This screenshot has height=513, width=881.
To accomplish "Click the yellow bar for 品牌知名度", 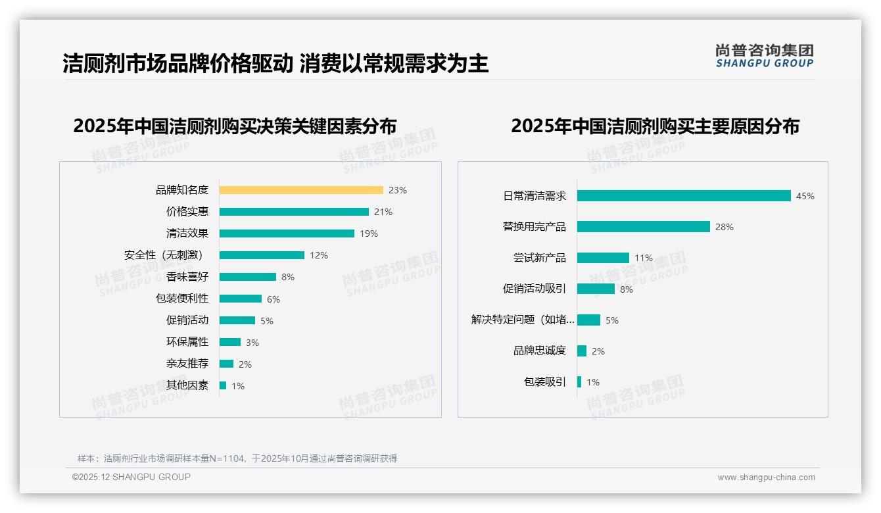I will (300, 190).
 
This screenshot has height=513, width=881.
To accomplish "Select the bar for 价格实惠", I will (294, 212).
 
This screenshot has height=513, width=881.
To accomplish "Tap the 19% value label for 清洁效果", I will (368, 233).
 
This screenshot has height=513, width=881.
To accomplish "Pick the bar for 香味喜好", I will (247, 277).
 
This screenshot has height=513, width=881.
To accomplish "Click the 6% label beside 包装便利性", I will (273, 299).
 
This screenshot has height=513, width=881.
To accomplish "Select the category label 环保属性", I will (187, 342).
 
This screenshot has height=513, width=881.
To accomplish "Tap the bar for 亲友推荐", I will (226, 364).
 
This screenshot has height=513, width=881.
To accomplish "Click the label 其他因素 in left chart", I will (187, 385).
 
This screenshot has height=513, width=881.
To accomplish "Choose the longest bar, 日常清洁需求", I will (684, 196).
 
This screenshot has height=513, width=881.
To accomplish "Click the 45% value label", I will (805, 196).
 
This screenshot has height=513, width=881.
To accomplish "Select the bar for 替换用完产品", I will (643, 227).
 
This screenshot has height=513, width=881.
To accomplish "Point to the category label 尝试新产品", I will (539, 258).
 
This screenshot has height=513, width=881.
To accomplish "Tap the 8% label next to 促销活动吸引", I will (626, 289).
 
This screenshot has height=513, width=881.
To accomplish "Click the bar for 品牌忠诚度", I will (582, 351).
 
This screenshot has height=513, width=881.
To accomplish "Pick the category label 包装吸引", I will (544, 382).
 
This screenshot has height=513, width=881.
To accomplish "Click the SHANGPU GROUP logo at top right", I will (764, 56).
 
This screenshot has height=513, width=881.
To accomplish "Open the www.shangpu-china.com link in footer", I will (766, 477).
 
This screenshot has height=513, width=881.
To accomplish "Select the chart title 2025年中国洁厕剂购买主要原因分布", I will (655, 126).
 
